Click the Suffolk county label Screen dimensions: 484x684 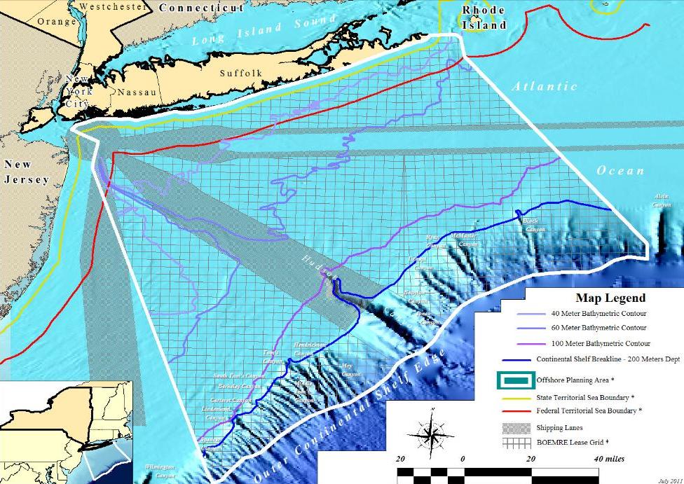tap(240, 73)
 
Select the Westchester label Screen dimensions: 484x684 tap(114, 6)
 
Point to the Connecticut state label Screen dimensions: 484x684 tap(201, 8)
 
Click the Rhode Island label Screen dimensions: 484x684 tap(484, 18)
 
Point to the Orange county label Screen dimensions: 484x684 tap(57, 21)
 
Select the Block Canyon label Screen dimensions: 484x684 tap(535, 225)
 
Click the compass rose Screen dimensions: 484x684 tap(432, 432)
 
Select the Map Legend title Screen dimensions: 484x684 tap(610, 298)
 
